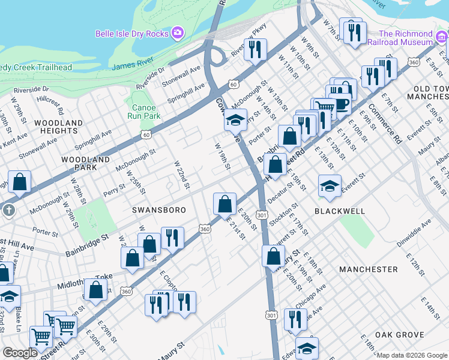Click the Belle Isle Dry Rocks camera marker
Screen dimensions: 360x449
click(x=178, y=33)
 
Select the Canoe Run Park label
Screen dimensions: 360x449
click(x=144, y=111)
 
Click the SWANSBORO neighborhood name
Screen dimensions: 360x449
click(x=155, y=210)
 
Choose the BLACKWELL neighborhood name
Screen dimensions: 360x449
click(x=339, y=211)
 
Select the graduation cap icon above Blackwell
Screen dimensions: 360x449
click(x=330, y=187)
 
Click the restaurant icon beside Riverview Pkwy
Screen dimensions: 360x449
click(x=256, y=49)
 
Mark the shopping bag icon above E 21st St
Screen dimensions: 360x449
click(x=224, y=203)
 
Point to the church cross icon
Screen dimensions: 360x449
click(x=8, y=211)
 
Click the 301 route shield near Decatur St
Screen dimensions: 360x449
click(x=261, y=214)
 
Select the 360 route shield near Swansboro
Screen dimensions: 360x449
click(x=205, y=229)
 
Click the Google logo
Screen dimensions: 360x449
click(x=21, y=353)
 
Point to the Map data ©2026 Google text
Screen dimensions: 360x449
click(x=411, y=355)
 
